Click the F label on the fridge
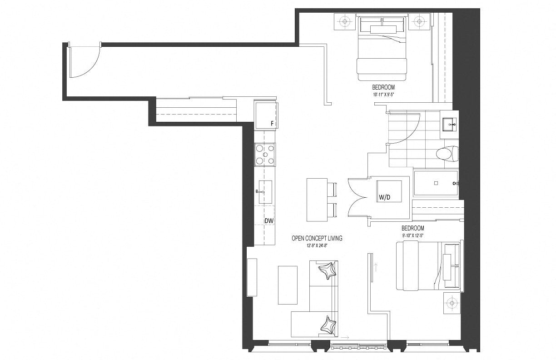click(272, 124)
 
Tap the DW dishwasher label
click(269, 220)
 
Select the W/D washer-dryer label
click(384, 197)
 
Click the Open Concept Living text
click(317, 238)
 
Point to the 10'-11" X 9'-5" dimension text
click(383, 95)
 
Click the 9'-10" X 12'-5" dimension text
click(412, 235)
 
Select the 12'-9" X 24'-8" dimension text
click(317, 246)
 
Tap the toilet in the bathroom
click(447, 153)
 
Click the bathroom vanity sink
click(449, 125)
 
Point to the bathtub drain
click(436, 183)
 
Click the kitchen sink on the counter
click(265, 192)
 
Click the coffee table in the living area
click(288, 285)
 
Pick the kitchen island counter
click(317, 200)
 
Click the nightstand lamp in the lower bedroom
click(452, 303)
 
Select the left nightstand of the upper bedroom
click(344, 21)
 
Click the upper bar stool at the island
click(332, 190)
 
